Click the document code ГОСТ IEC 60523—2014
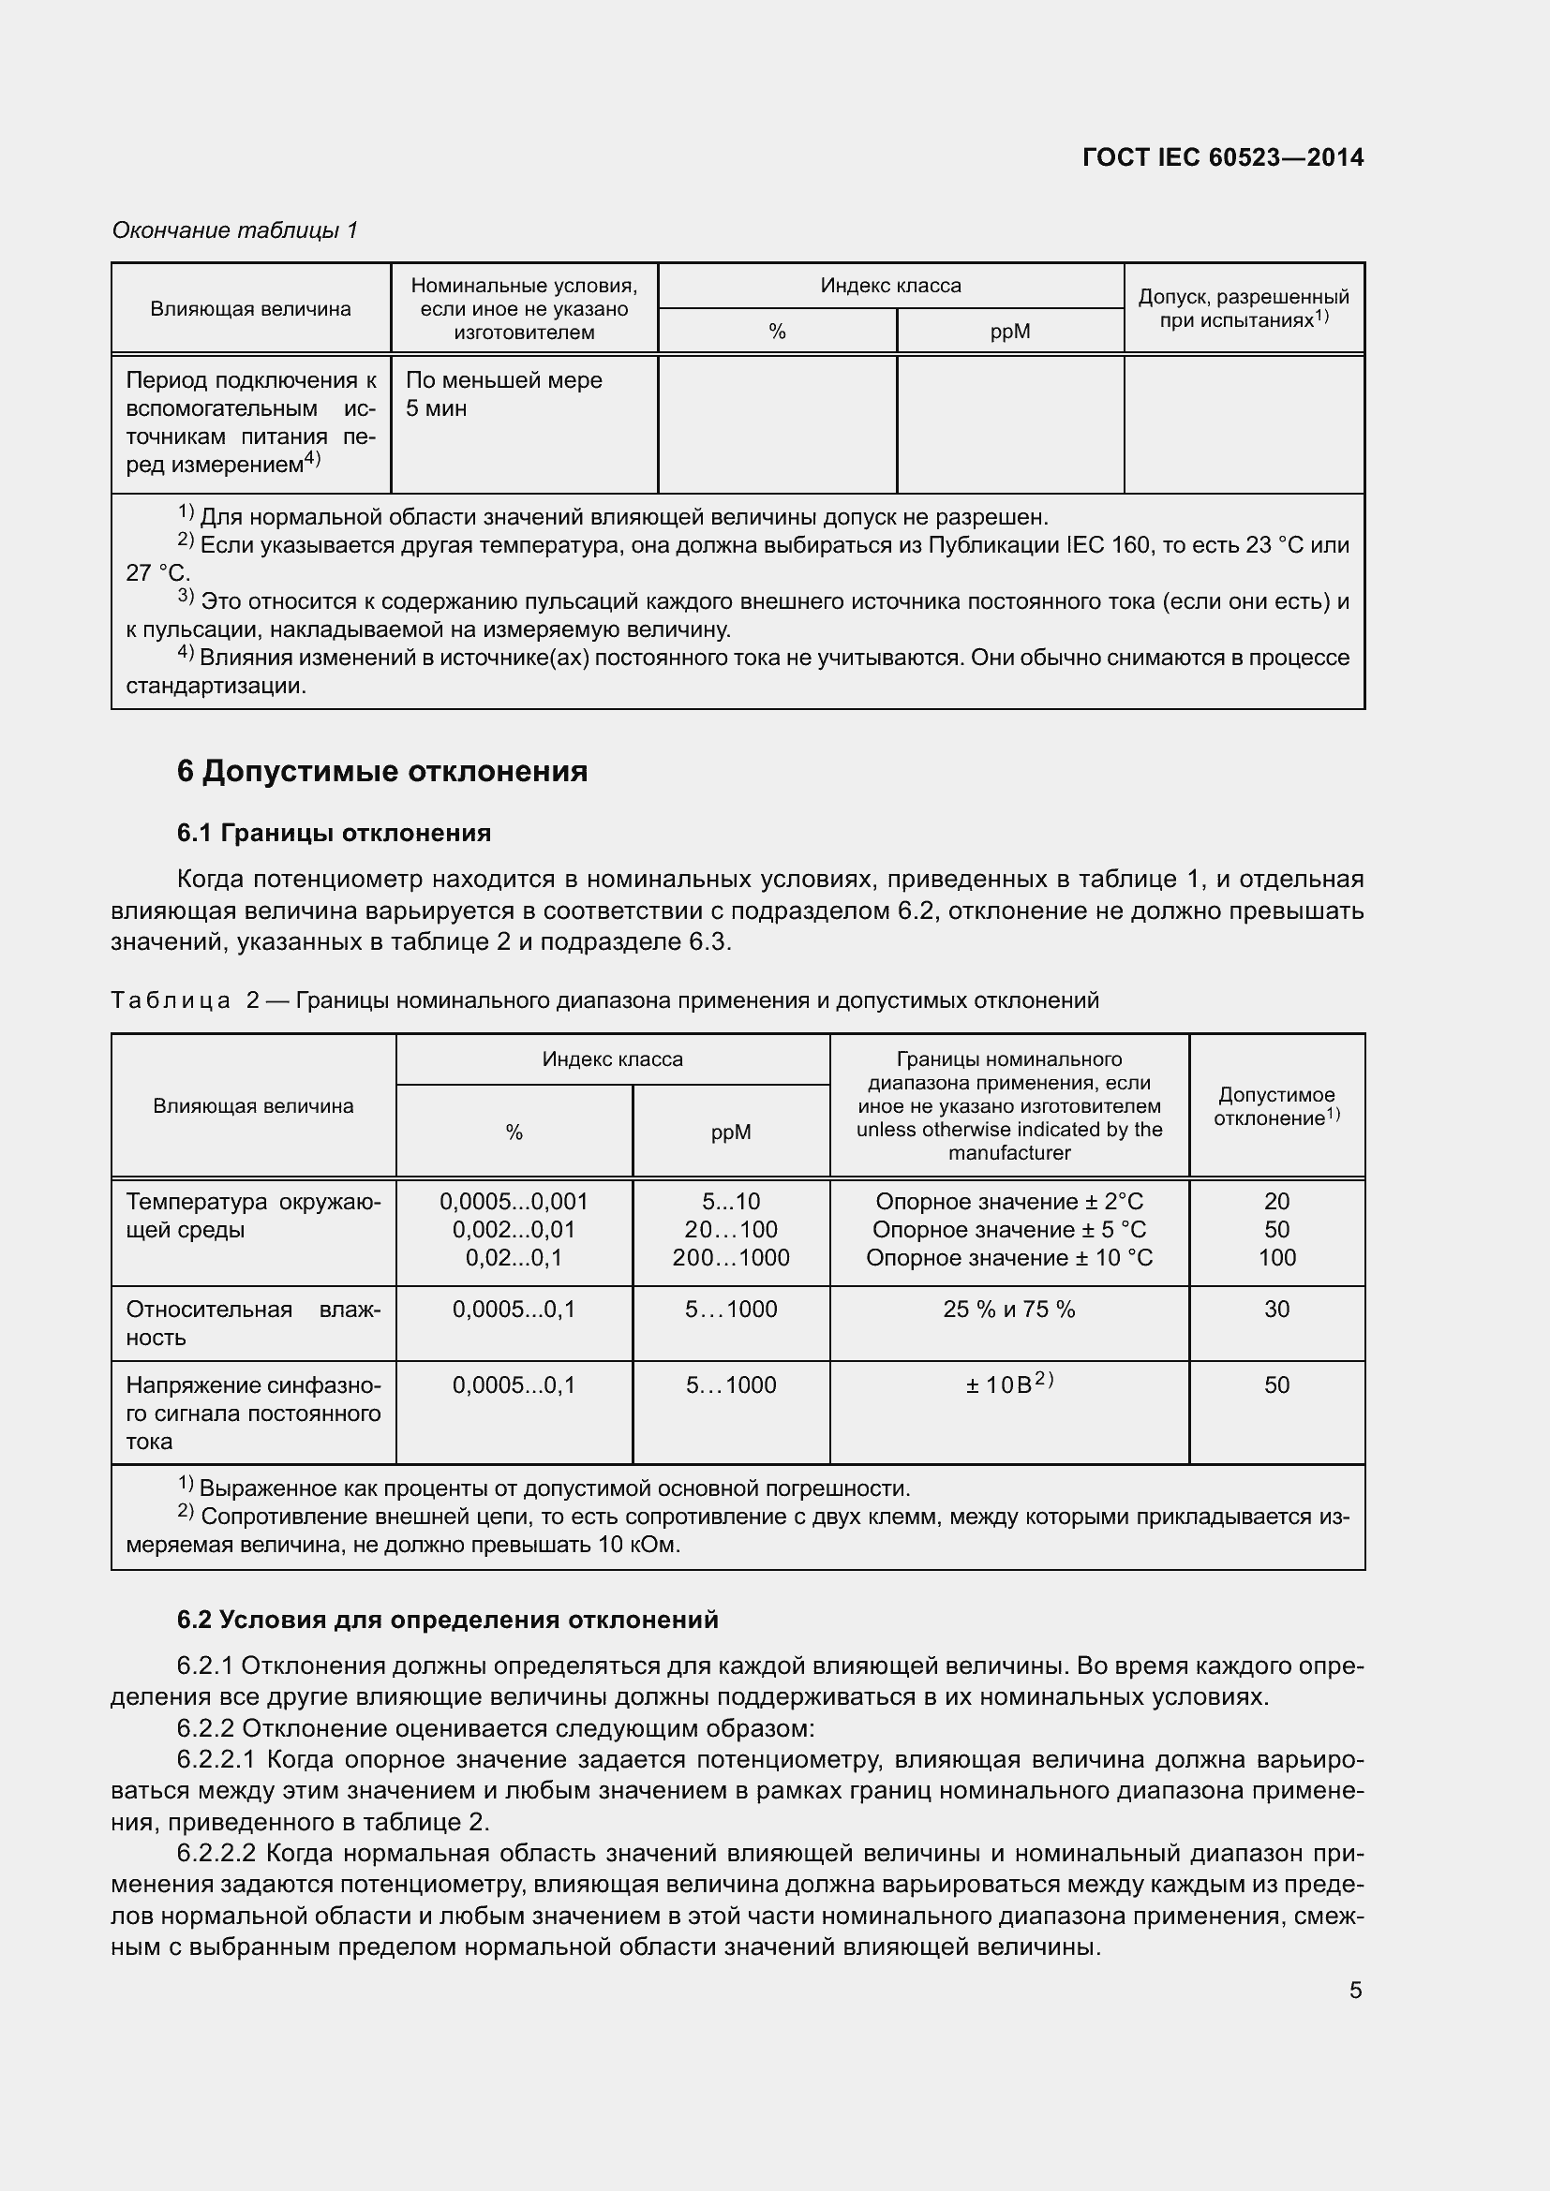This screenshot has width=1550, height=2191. [1223, 157]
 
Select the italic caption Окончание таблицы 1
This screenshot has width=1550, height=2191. [235, 230]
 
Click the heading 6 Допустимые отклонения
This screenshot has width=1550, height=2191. [381, 770]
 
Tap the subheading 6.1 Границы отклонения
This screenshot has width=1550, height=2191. [333, 833]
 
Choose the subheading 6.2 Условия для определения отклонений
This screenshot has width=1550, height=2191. [447, 1620]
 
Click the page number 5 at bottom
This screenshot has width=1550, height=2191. [1355, 1991]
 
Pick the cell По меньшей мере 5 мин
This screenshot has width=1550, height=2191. [503, 394]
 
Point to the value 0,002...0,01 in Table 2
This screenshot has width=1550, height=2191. [514, 1229]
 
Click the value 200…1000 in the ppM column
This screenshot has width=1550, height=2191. [730, 1258]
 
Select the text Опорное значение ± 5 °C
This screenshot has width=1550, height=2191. [1009, 1229]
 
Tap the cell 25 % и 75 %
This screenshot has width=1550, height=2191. [1009, 1310]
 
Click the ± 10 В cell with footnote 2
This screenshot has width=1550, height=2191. [1009, 1384]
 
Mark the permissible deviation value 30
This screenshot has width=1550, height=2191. [1276, 1310]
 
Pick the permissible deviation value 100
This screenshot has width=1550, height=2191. [1276, 1258]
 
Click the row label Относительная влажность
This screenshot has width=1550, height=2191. [253, 1323]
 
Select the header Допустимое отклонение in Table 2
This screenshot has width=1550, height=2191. [1276, 1106]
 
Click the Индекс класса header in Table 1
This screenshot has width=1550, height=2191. [890, 286]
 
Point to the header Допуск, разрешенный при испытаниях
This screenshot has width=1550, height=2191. [1243, 308]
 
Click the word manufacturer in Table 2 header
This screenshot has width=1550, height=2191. [1009, 1153]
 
